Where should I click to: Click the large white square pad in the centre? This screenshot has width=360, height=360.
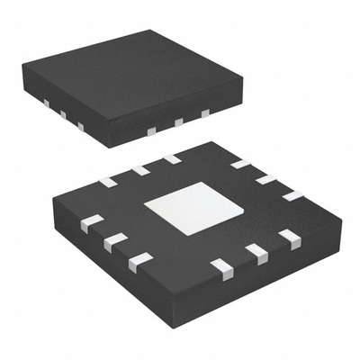pyautogui.click(x=193, y=208)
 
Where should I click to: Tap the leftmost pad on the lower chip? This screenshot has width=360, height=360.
pyautogui.click(x=91, y=222)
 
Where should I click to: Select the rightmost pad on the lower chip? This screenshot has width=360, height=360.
pyautogui.click(x=292, y=195)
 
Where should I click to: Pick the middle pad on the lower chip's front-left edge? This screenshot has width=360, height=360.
pyautogui.click(x=114, y=241)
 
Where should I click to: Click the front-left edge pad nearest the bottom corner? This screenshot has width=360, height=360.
pyautogui.click(x=139, y=261)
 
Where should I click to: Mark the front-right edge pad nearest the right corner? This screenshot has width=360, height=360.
pyautogui.click(x=289, y=238)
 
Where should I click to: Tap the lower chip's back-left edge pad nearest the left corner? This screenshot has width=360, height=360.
pyautogui.click(x=108, y=182)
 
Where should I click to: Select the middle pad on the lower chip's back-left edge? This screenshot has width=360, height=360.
pyautogui.click(x=140, y=170)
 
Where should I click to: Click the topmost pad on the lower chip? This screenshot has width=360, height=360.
pyautogui.click(x=171, y=159)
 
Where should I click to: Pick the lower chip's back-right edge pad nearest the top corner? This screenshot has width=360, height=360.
pyautogui.click(x=239, y=164)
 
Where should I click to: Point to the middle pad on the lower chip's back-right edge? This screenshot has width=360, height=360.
pyautogui.click(x=265, y=179)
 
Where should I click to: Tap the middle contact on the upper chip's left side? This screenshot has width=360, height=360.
pyautogui.click(x=63, y=114)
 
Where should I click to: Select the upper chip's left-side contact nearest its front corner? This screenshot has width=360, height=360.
pyautogui.click(x=80, y=126)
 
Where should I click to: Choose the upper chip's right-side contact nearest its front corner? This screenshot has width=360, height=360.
pyautogui.click(x=151, y=131)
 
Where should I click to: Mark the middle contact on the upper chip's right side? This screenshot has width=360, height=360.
pyautogui.click(x=178, y=121)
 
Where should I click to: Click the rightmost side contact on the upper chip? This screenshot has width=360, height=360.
pyautogui.click(x=205, y=112)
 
